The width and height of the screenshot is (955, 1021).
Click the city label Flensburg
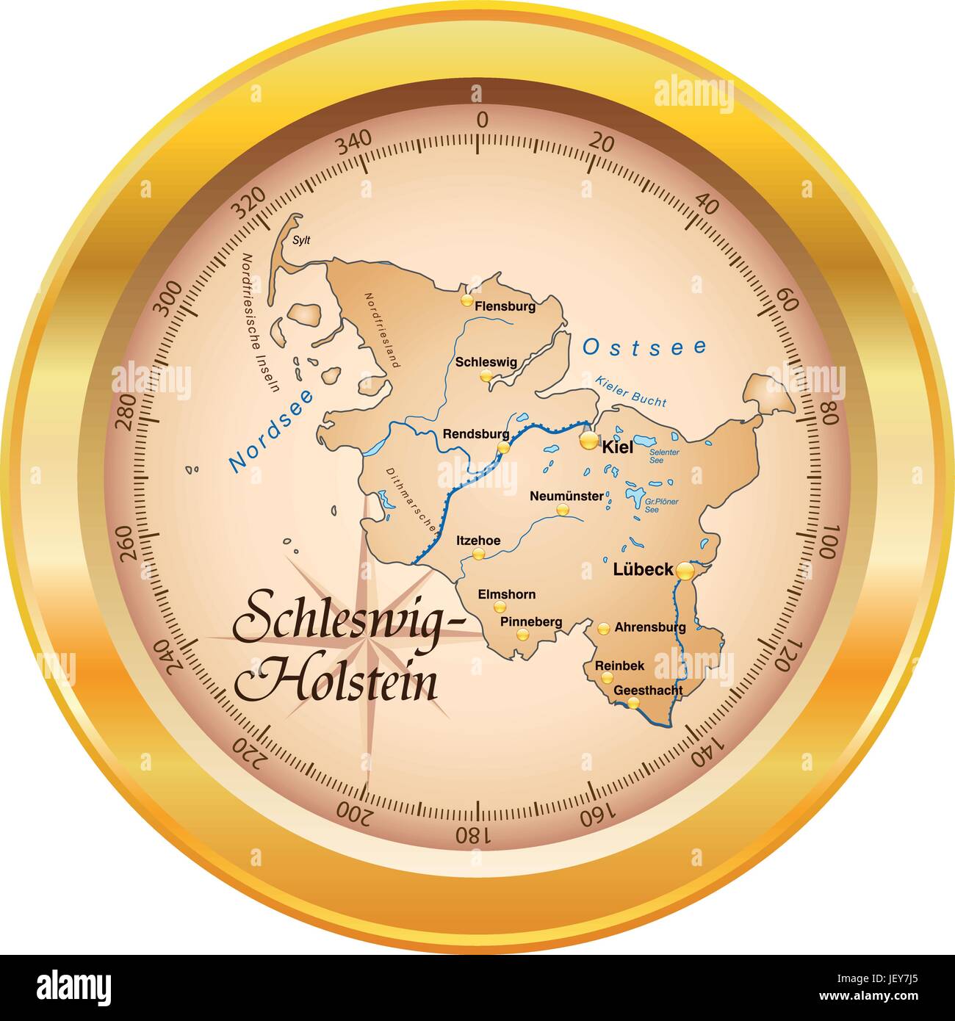505,306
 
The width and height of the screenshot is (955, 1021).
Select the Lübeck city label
643,569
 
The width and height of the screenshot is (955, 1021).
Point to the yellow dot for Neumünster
562,510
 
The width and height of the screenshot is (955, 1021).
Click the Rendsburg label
475,434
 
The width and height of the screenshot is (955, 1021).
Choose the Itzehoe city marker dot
478,554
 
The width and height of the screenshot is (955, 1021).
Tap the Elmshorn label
507,594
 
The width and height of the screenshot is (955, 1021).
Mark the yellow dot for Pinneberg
522,635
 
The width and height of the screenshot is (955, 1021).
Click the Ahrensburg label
650,627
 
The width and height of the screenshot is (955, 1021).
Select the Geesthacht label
648,690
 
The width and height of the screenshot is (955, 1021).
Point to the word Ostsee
645,347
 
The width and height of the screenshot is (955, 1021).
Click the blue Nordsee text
270,430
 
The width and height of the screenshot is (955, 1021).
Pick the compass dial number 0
482,120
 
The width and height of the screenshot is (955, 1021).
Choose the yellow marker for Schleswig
486,375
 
